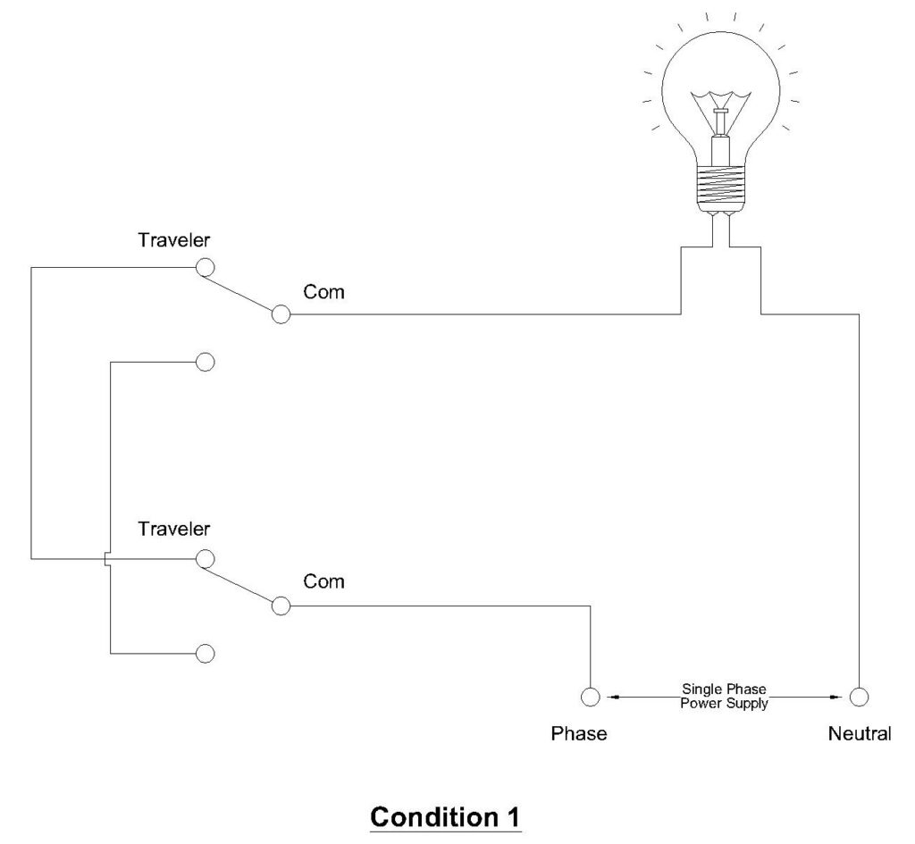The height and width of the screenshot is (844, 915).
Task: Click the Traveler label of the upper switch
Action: click(174, 240)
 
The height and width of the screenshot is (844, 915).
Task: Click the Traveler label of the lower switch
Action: click(174, 529)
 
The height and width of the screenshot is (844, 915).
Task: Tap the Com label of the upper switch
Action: click(323, 292)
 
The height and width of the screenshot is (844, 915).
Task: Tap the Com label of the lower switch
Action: click(323, 581)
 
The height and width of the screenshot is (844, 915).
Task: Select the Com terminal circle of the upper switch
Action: click(281, 314)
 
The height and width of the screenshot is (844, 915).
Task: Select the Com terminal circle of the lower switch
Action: click(281, 606)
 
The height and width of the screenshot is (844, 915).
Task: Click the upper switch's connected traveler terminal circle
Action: click(205, 267)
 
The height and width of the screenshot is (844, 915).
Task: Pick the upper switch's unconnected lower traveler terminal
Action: click(205, 362)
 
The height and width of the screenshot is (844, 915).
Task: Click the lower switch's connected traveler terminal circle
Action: click(205, 558)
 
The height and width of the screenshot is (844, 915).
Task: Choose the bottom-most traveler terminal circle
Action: click(205, 653)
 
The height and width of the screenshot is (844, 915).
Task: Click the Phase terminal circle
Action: click(590, 697)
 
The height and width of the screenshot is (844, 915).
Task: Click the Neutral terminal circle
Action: click(860, 697)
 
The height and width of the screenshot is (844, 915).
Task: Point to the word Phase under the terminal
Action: click(578, 734)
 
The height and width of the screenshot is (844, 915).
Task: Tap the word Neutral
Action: click(860, 734)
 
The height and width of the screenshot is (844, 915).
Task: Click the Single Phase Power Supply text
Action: click(725, 697)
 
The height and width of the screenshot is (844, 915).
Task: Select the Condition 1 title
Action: click(446, 816)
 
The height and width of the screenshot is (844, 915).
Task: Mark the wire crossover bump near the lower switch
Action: click(107, 559)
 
